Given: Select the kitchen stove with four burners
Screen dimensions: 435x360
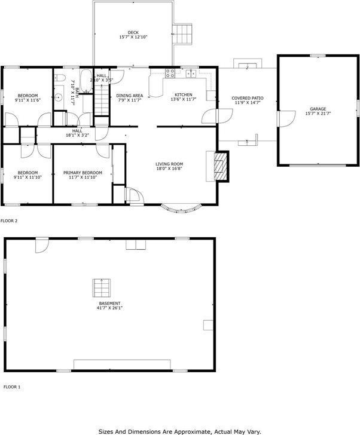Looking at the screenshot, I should [170, 74].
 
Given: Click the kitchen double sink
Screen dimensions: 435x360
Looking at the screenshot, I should [191, 74].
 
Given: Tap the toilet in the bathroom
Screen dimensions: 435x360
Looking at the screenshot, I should [59, 78].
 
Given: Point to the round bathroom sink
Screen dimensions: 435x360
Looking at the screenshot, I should [59, 98].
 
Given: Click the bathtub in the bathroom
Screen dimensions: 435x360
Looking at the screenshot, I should [86, 82].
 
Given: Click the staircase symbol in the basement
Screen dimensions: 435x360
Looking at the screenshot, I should [101, 288].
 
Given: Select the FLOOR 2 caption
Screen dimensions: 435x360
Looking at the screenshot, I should [9, 221].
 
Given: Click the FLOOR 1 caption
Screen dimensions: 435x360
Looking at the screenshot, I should [12, 387].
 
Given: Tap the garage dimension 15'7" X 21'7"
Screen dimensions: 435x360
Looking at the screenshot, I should [318, 114].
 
